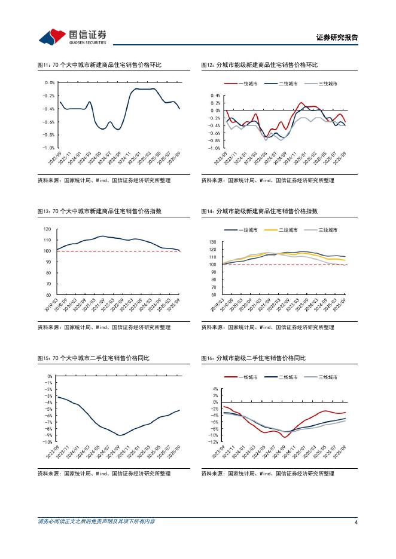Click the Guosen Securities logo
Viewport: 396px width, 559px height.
[x=72, y=37]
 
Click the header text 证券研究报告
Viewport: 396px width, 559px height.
[x=337, y=38]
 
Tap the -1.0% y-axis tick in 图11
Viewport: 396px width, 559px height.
[x=48, y=148]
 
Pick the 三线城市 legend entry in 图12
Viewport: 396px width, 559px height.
[x=321, y=84]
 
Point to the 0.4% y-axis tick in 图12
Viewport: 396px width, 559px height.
[x=215, y=96]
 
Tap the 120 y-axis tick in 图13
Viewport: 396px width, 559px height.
[x=47, y=229]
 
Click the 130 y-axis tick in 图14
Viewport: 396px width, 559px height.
[x=212, y=242]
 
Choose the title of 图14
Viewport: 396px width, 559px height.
[x=259, y=211]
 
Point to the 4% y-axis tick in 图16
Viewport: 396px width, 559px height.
[x=215, y=389]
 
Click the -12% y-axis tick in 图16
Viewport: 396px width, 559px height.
[x=214, y=443]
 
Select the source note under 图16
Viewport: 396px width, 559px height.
[x=267, y=474]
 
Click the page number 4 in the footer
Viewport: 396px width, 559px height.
[x=356, y=522]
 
